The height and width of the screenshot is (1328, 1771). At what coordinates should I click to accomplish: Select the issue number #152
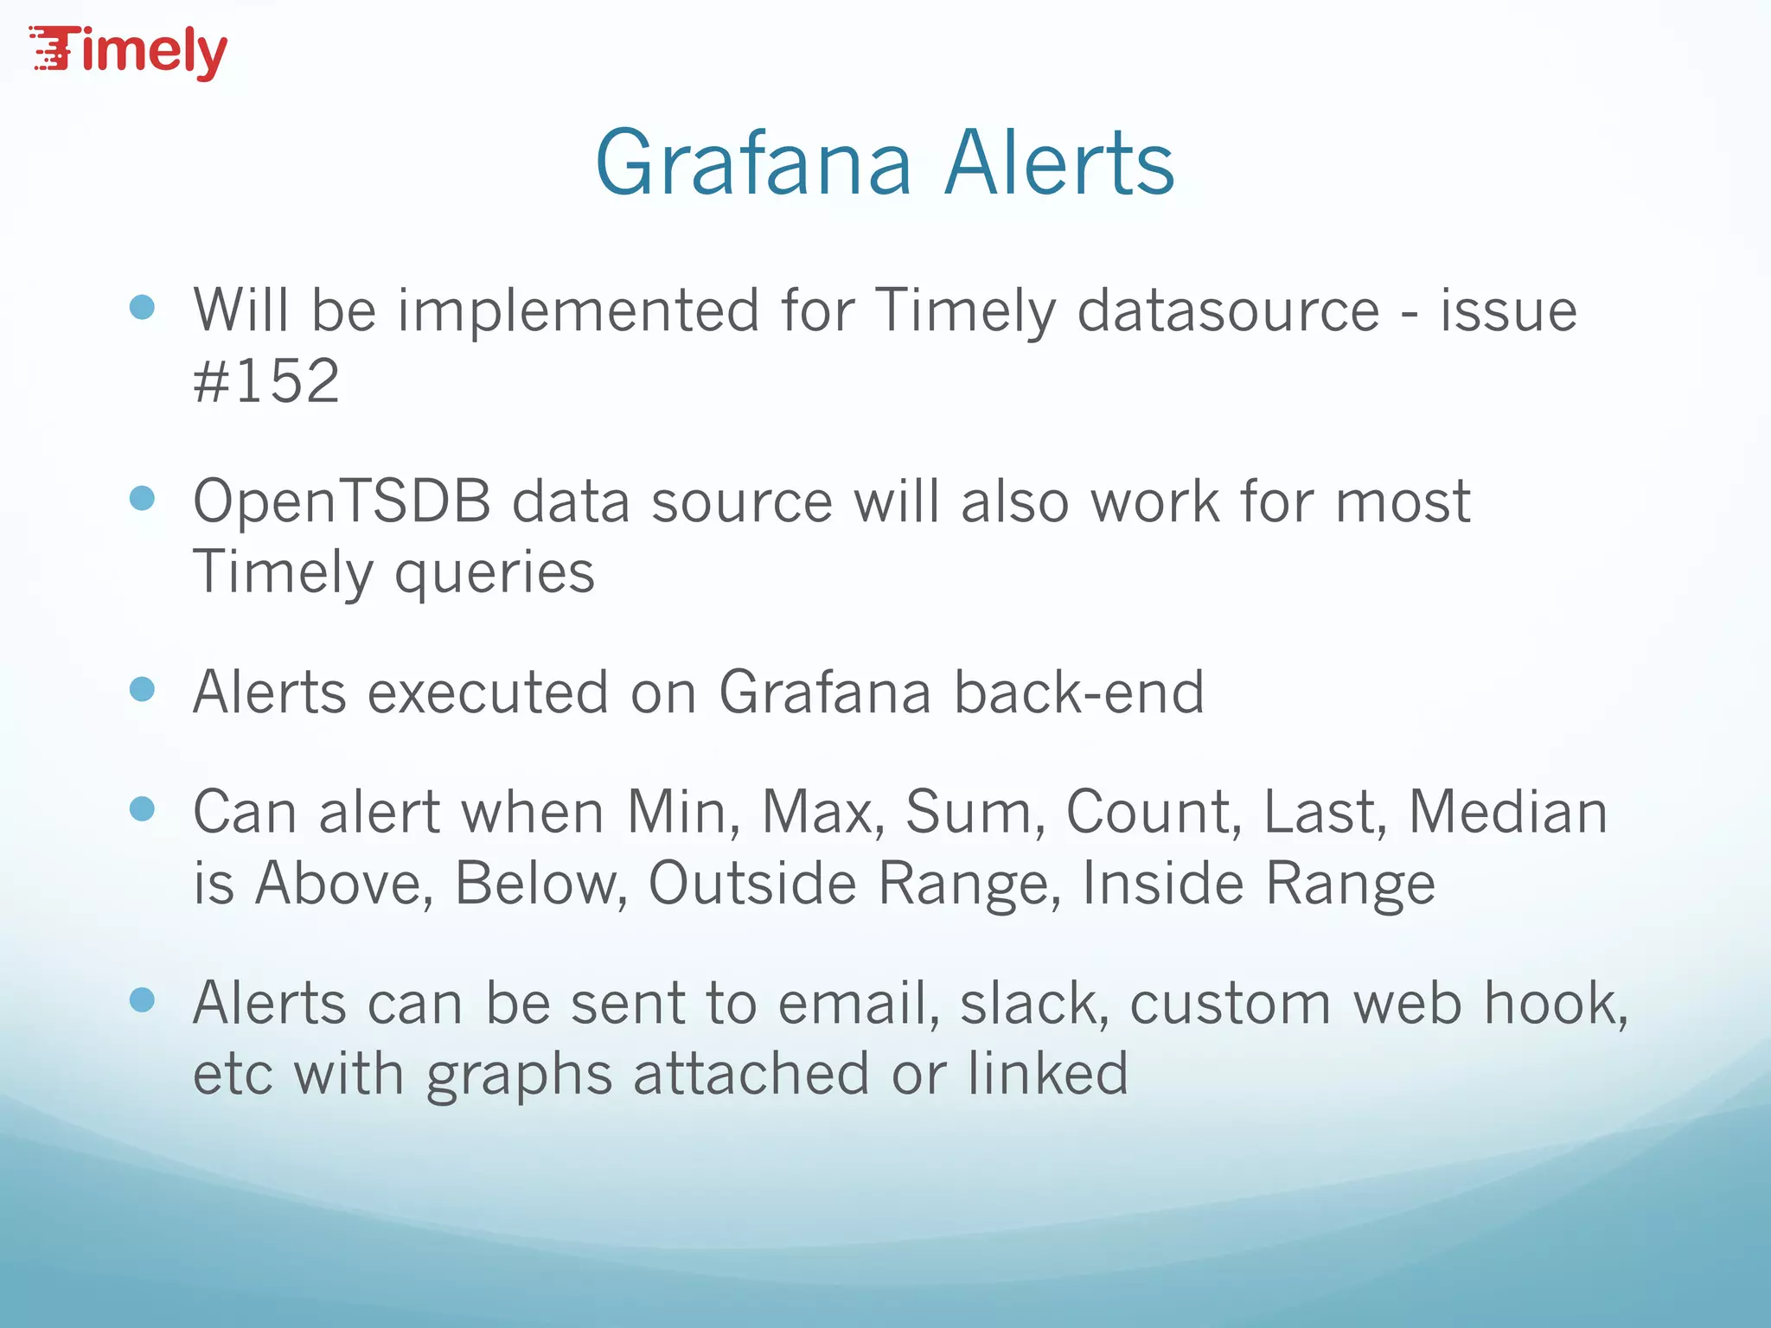[266, 381]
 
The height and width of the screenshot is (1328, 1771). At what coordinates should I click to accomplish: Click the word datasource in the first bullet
[1228, 311]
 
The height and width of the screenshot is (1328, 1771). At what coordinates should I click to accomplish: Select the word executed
[489, 693]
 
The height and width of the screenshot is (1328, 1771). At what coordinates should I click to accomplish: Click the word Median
[1508, 813]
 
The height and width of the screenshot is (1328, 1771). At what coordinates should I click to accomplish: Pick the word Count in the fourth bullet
[1154, 813]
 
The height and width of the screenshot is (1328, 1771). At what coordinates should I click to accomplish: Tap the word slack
[1034, 1005]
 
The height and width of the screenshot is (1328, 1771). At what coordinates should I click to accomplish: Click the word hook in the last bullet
[1555, 1005]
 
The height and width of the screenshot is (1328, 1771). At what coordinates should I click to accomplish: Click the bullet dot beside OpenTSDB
[142, 499]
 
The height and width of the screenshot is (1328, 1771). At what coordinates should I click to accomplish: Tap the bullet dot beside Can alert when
[142, 809]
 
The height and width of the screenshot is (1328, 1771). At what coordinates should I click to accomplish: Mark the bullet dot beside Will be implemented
[142, 308]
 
